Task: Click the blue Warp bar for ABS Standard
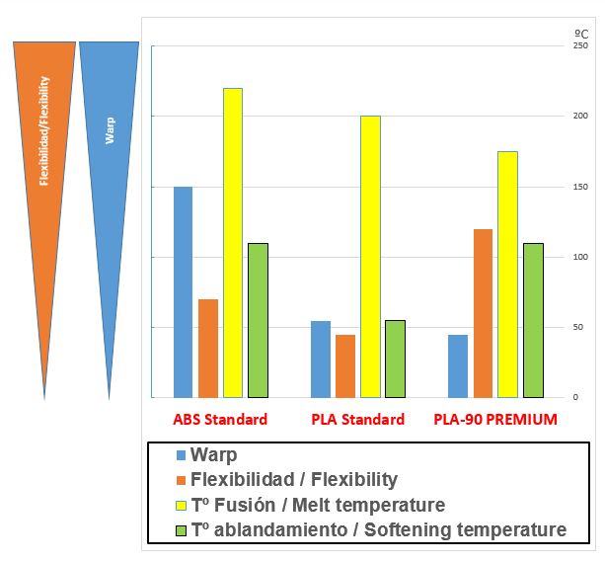click(183, 291)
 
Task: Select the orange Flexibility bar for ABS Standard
click(207, 348)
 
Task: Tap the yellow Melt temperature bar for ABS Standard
click(233, 242)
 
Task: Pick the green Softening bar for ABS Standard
click(258, 320)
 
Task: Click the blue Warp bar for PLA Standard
click(320, 359)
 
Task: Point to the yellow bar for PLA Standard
click(370, 256)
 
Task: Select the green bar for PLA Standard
click(395, 359)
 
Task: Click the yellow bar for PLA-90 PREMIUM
click(507, 274)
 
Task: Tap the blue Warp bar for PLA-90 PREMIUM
click(457, 365)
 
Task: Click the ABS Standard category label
click(220, 419)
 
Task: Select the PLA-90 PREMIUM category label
click(494, 419)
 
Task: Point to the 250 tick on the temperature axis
click(580, 45)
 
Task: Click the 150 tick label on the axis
click(580, 187)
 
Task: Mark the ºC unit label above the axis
click(581, 33)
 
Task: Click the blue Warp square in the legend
click(181, 455)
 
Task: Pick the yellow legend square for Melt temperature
click(181, 506)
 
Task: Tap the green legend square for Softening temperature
click(181, 530)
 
